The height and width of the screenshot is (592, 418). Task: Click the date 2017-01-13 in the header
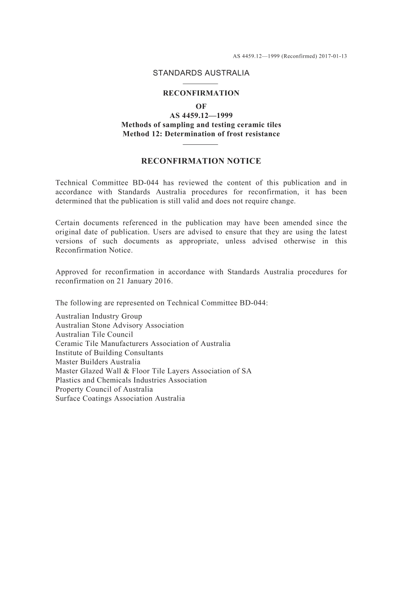click(333, 56)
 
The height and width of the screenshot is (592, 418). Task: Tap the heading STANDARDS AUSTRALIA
click(201, 73)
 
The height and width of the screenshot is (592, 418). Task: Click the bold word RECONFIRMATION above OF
click(201, 93)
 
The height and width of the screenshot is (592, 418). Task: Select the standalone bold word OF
click(201, 107)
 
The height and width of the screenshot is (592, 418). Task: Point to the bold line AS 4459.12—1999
click(201, 116)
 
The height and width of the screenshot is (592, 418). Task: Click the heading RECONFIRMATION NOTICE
click(201, 161)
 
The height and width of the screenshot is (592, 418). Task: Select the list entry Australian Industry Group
click(99, 316)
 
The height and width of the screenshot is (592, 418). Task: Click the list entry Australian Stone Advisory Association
click(120, 326)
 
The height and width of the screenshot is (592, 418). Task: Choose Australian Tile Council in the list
click(94, 335)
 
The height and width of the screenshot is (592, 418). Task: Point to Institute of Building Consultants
click(109, 353)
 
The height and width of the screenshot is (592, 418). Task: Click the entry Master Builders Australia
click(98, 362)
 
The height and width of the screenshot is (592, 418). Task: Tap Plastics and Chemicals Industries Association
click(131, 380)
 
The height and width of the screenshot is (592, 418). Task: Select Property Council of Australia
click(104, 390)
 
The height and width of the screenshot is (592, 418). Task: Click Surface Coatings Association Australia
click(120, 399)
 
